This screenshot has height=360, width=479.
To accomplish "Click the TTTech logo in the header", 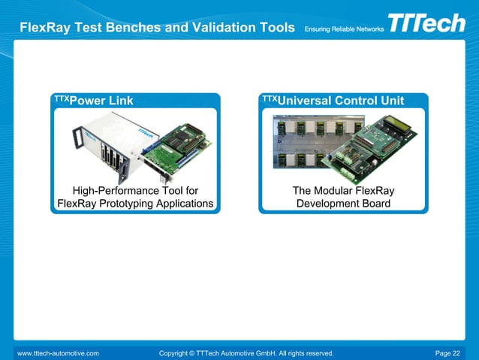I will tap(426, 23).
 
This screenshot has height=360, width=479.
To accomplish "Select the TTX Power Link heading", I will tap(94, 101).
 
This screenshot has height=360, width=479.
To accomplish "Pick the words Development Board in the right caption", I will tap(343, 204).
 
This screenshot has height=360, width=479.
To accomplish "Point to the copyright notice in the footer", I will tap(246, 352).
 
